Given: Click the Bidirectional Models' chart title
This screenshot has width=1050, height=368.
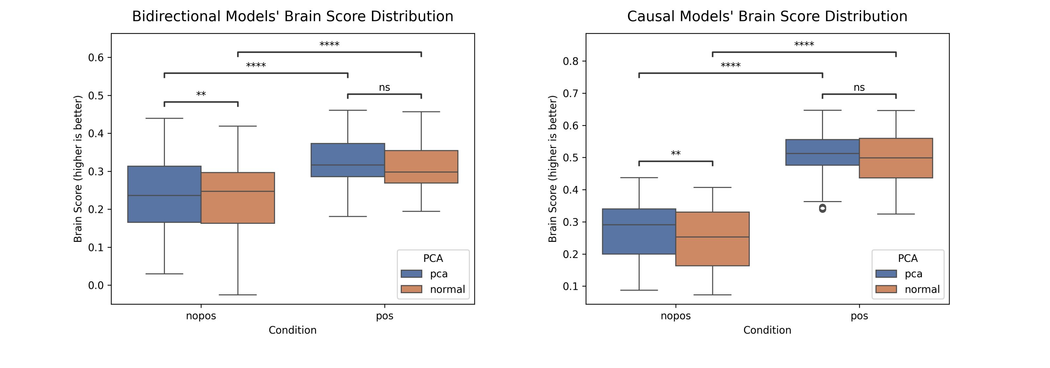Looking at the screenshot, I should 292,16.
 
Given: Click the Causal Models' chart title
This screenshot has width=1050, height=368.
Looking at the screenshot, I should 767,16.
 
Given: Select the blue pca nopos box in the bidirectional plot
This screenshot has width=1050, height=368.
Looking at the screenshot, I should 164,194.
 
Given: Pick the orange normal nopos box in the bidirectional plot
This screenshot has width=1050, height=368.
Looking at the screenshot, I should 238,198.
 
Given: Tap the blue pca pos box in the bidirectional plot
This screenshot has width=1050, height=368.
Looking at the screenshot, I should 348,160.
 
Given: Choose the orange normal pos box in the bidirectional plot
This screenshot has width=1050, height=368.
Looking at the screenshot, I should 421,167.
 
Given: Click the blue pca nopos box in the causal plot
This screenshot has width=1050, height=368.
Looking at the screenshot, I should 639,231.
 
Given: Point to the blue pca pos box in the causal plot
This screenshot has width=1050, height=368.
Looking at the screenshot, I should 822,152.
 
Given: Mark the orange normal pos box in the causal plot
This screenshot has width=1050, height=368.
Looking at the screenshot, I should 896,158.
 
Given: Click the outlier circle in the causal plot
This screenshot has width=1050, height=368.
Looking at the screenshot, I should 823,208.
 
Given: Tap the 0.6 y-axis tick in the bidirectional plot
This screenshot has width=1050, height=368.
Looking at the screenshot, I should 96,57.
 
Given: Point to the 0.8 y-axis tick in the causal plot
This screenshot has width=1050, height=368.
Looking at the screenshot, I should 571,61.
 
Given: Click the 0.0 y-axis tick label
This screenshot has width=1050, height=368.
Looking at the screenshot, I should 96,285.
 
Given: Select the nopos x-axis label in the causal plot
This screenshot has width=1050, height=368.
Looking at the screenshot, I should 675,316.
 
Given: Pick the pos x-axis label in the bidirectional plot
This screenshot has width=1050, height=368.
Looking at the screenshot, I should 384,316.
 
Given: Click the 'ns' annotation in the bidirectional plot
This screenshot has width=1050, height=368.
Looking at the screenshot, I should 384,87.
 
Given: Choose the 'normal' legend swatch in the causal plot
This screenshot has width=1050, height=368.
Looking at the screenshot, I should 886,289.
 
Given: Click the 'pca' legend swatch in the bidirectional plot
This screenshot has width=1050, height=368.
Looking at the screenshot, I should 411,274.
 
